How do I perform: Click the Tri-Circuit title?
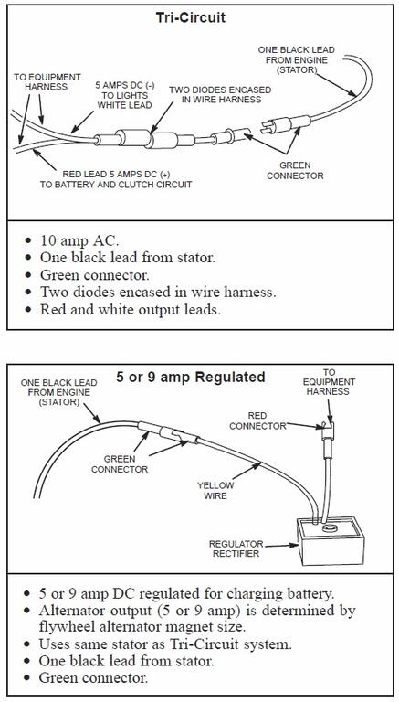[191, 17]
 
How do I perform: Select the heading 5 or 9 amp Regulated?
[191, 377]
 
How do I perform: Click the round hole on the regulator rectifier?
[331, 529]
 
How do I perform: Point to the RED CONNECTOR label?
[257, 420]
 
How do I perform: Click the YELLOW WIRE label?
[215, 490]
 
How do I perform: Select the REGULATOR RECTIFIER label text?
[236, 548]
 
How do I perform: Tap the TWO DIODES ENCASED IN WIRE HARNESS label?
[220, 94]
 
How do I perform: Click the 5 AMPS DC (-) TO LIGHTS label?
[124, 95]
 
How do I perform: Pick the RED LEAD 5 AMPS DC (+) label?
[116, 179]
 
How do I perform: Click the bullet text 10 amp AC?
[79, 240]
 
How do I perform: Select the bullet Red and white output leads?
[131, 309]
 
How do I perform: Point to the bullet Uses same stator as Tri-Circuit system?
[165, 644]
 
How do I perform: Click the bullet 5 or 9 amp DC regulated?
[186, 593]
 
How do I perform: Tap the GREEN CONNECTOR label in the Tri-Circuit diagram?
[295, 171]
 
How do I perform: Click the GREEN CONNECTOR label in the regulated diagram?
[120, 464]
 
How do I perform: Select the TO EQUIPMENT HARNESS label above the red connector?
[329, 382]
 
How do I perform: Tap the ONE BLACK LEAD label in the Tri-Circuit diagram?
[296, 59]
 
